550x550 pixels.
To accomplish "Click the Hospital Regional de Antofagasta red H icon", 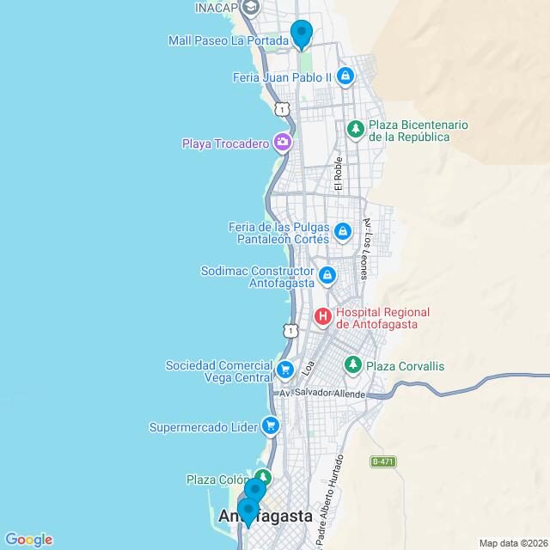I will (323, 317).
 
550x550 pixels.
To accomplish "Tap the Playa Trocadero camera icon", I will (282, 143).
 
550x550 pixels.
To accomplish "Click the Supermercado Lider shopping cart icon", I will (271, 425).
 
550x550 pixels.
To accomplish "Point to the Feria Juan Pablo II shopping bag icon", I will (345, 76).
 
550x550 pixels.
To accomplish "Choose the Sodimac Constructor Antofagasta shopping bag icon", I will (327, 275).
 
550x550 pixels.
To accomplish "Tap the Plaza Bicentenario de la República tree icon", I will (355, 129).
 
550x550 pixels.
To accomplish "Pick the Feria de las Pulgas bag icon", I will (343, 231).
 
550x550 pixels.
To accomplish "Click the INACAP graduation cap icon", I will (251, 8).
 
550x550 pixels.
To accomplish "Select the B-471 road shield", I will (382, 461).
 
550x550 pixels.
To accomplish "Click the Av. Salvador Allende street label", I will (322, 394).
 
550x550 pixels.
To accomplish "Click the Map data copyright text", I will (512, 543).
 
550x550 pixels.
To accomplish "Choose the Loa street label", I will (308, 370).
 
